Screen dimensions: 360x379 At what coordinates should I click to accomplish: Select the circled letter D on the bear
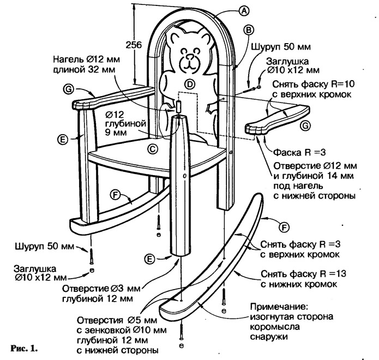(x=189, y=84)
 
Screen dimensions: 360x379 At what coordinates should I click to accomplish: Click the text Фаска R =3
(x=293, y=149)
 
